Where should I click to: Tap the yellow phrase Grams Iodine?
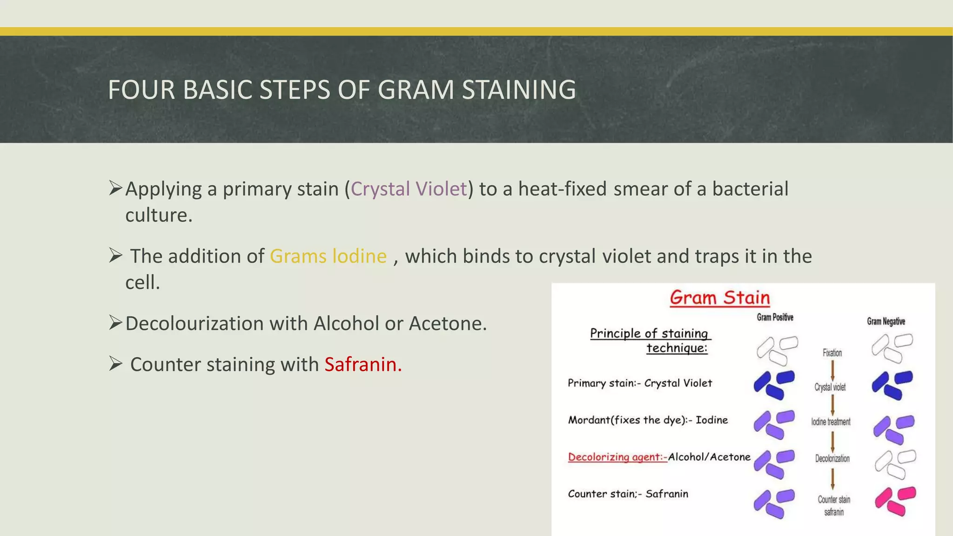[328, 256]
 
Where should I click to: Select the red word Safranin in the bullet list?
[363, 364]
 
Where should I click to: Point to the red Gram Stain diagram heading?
[719, 298]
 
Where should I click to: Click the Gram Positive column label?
[775, 317]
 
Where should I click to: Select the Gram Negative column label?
[886, 322]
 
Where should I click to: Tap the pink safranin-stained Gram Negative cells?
[895, 502]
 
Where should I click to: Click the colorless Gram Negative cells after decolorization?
[895, 464]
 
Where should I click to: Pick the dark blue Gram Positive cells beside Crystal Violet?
[774, 385]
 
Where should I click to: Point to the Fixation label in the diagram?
[832, 353]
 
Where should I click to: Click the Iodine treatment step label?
[831, 422]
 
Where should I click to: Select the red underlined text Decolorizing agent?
[617, 457]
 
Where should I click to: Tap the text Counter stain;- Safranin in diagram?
[628, 494]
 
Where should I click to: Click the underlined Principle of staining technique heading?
[650, 340]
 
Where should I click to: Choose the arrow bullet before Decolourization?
[115, 322]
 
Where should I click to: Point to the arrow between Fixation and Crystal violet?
[832, 370]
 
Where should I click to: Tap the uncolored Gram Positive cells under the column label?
[777, 350]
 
